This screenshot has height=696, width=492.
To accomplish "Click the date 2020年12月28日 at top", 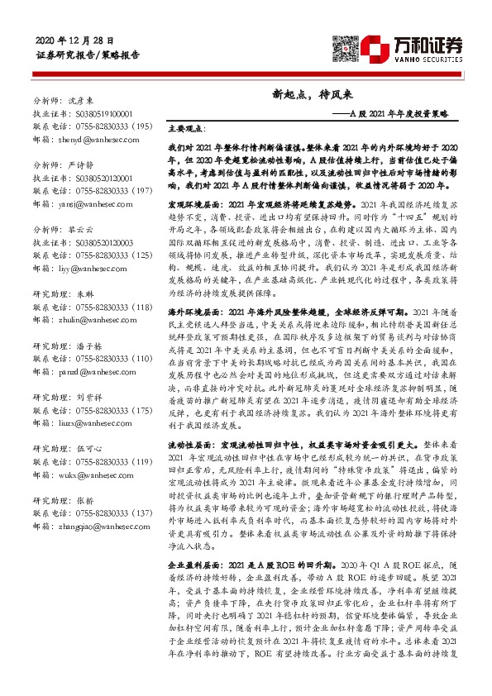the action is [x=75, y=41].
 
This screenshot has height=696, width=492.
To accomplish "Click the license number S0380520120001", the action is [x=101, y=178].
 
